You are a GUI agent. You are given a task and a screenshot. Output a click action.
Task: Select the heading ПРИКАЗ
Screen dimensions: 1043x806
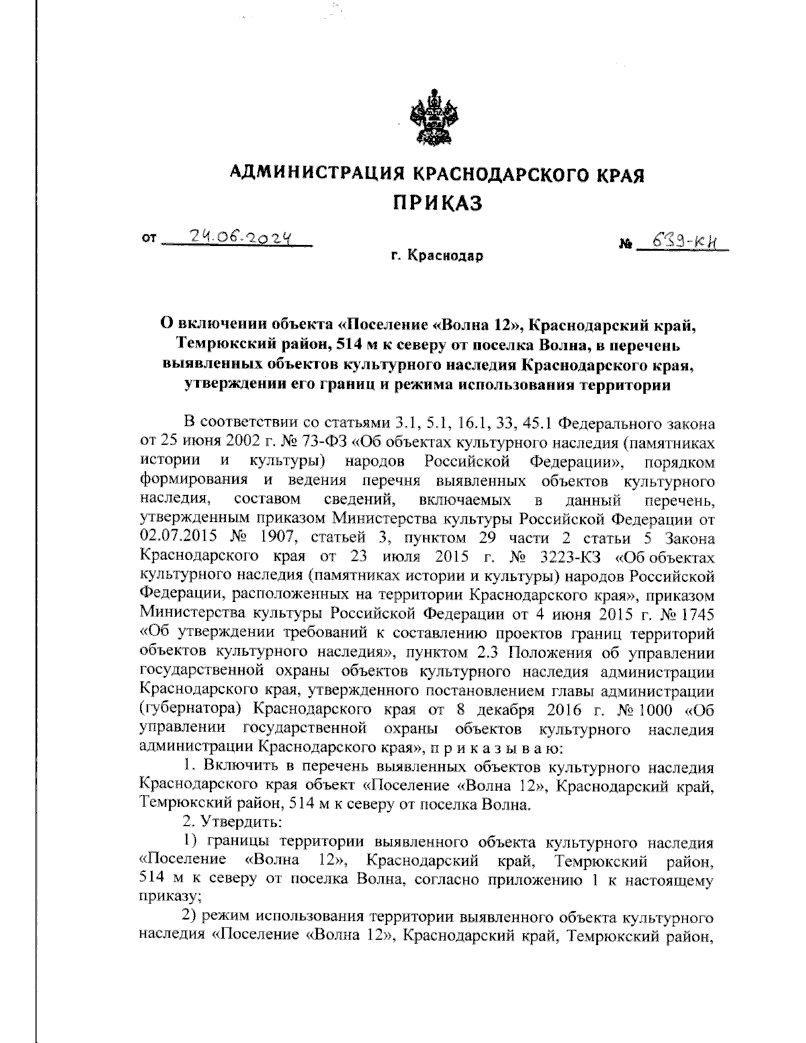click(437, 202)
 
